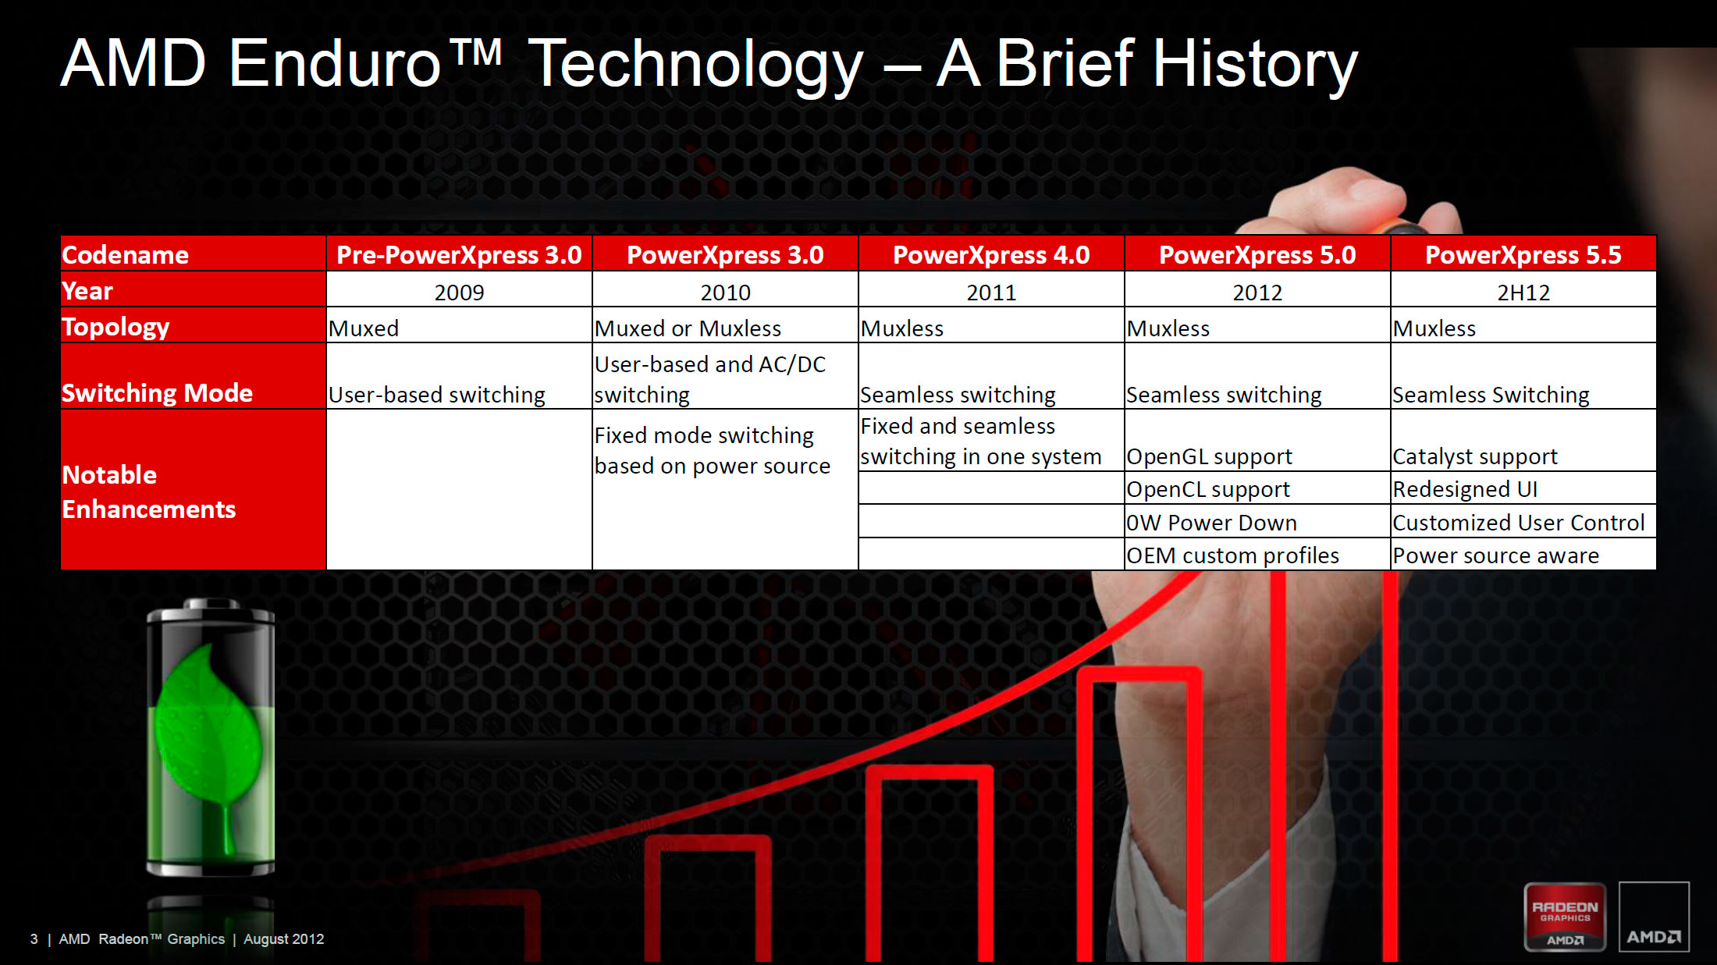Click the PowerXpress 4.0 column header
pyautogui.click(x=991, y=254)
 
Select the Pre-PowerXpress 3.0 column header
pyautogui.click(x=459, y=254)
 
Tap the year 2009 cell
pyautogui.click(x=459, y=292)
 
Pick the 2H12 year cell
pyautogui.click(x=1523, y=292)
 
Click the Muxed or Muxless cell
pyautogui.click(x=725, y=328)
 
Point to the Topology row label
pyautogui.click(x=193, y=326)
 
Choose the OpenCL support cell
pyautogui.click(x=1257, y=489)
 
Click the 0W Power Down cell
pyautogui.click(x=1257, y=522)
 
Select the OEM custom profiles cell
pyautogui.click(x=1257, y=555)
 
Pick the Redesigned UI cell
pyautogui.click(x=1523, y=489)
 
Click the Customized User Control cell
pyautogui.click(x=1523, y=522)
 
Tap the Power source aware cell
pyautogui.click(x=1523, y=555)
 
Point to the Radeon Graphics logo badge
pyautogui.click(x=1565, y=917)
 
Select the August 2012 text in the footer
pyautogui.click(x=283, y=939)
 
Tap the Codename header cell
pyautogui.click(x=193, y=254)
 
